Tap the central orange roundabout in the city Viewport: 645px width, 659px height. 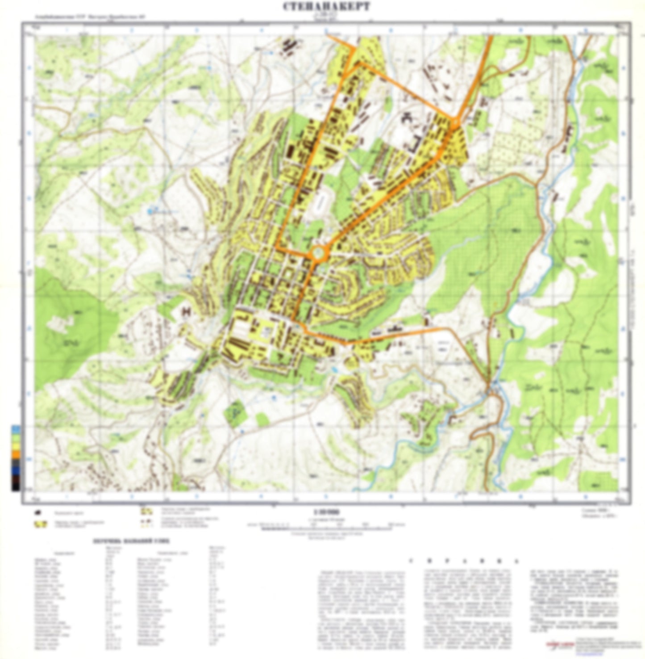click(318, 253)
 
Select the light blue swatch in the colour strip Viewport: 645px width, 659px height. click(16, 429)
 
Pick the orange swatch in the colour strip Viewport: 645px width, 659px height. click(16, 454)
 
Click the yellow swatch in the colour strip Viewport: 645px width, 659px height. click(16, 445)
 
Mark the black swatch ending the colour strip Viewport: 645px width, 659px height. click(16, 487)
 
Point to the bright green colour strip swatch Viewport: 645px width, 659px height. click(16, 438)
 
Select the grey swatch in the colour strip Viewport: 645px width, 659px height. click(16, 462)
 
